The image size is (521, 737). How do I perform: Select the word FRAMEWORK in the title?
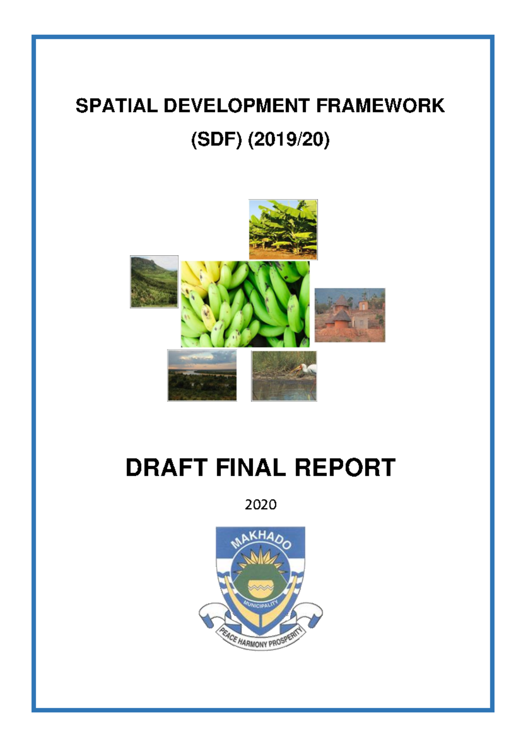click(x=380, y=106)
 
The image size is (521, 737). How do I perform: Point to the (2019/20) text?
click(x=289, y=140)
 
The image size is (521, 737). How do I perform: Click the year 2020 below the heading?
click(x=260, y=504)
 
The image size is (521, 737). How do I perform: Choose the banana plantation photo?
click(x=283, y=230)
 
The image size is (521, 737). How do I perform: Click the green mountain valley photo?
click(x=154, y=282)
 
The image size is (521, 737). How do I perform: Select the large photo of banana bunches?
click(x=245, y=304)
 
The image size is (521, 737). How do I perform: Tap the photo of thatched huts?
click(x=350, y=315)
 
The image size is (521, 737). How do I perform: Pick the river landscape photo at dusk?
click(x=202, y=375)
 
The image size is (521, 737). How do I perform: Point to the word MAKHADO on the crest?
click(x=260, y=542)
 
